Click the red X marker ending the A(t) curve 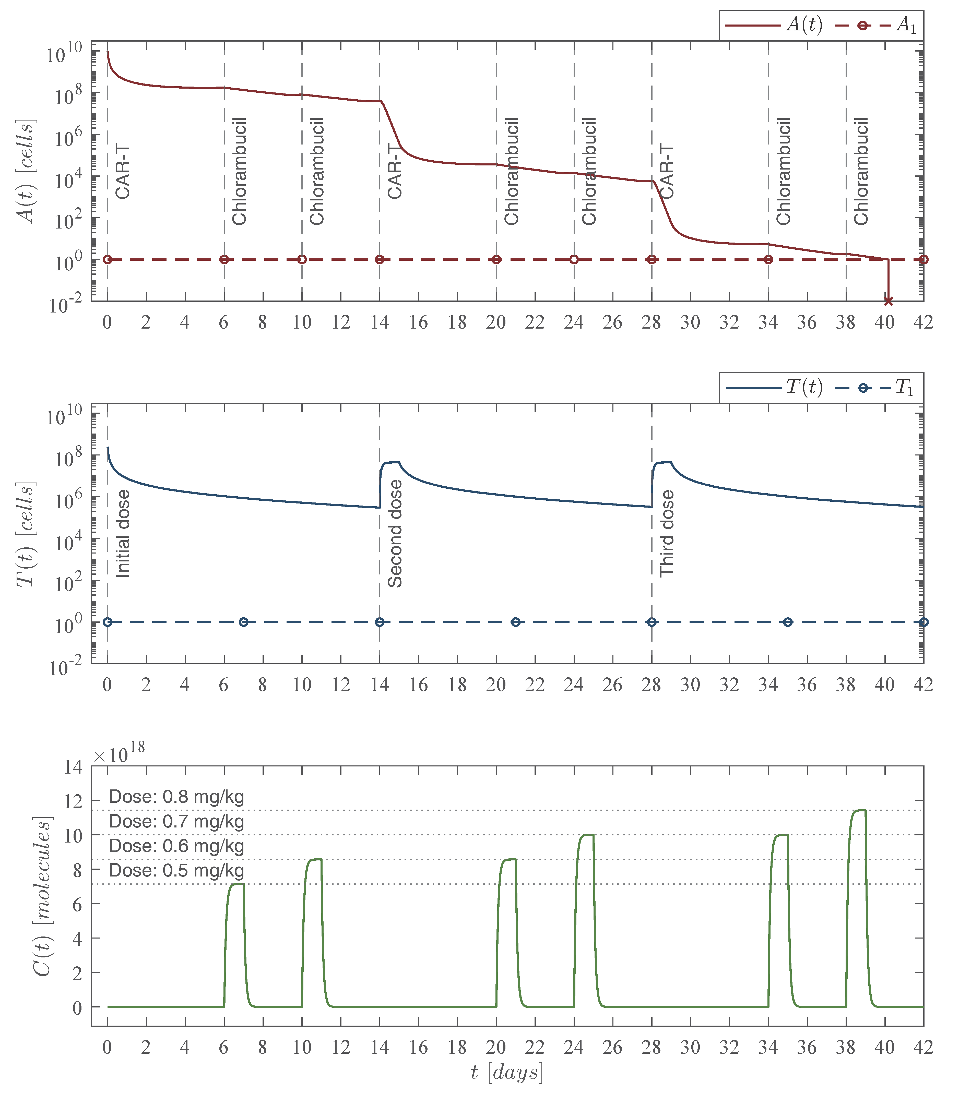point(888,301)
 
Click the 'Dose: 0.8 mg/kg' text point(176,797)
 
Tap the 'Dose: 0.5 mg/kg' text point(176,870)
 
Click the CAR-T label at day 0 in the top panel point(123,171)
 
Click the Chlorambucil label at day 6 point(239,171)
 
